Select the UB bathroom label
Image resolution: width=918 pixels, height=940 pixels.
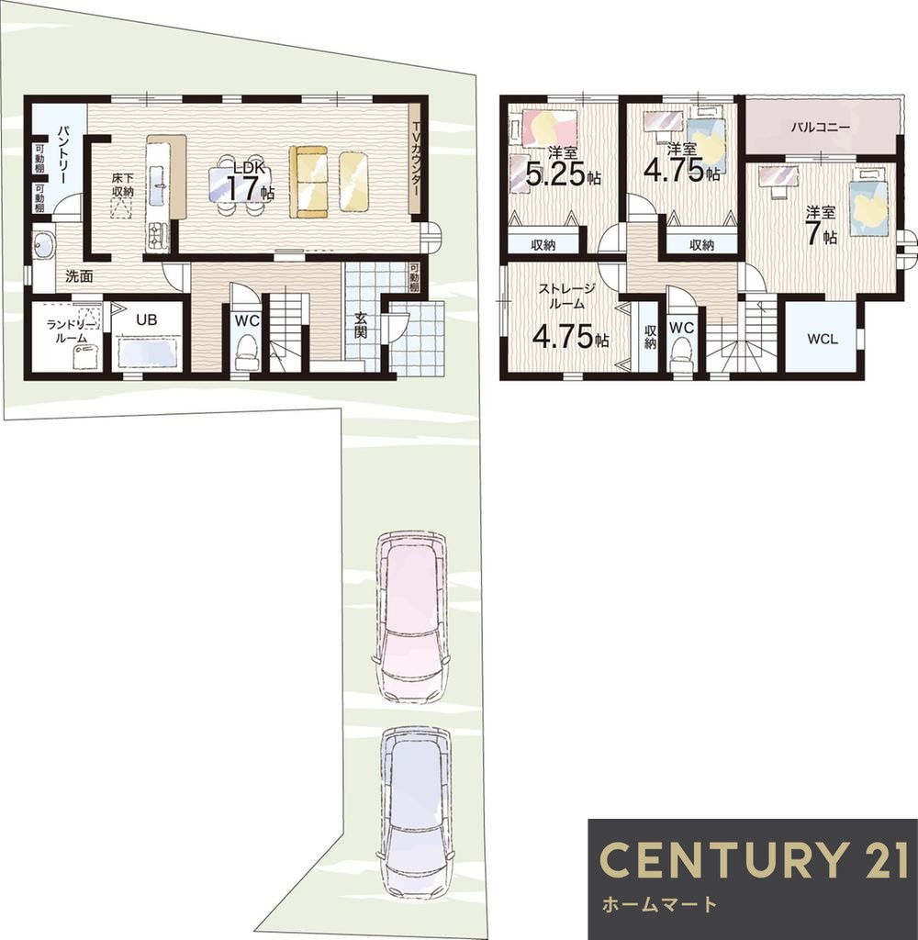(146, 319)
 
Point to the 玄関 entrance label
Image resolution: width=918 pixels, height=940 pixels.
(361, 325)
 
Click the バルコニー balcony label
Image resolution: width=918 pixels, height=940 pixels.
(820, 127)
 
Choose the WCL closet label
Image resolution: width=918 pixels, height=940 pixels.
(822, 339)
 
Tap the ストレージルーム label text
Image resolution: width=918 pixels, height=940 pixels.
(566, 297)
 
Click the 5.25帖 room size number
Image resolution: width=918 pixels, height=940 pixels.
(564, 174)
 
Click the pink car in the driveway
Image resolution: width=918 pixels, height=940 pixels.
(412, 617)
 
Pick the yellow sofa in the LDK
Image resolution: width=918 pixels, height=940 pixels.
(309, 182)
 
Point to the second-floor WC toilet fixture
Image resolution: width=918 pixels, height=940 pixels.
(682, 356)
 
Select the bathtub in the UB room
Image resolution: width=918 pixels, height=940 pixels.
(147, 351)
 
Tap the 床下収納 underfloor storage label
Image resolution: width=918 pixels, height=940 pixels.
(122, 185)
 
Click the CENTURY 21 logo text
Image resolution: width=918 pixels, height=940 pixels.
(754, 859)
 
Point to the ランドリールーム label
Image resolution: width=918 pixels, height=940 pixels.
(71, 331)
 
